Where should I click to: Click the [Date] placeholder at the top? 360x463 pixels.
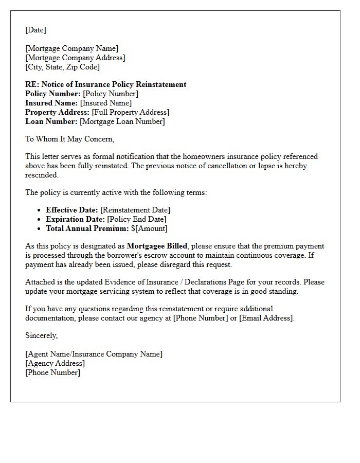(x=35, y=30)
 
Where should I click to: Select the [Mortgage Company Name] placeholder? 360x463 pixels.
(x=71, y=48)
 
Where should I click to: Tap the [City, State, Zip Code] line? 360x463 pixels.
(x=62, y=67)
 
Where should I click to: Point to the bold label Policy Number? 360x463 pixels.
(x=53, y=94)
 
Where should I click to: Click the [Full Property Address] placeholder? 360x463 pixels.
(x=130, y=112)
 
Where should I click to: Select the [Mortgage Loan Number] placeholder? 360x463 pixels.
(x=122, y=121)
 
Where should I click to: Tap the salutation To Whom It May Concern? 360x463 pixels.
(x=69, y=139)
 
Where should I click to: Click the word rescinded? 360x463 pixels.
(x=42, y=175)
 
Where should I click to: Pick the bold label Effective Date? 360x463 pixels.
(x=71, y=210)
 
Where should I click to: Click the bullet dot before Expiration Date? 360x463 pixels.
(x=39, y=220)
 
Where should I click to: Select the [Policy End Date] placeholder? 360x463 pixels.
(x=136, y=219)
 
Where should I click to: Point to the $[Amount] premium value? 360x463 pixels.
(x=149, y=228)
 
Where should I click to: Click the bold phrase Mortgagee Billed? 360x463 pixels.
(x=157, y=246)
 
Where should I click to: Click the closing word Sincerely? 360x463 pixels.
(x=41, y=335)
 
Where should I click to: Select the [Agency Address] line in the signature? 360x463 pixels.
(x=55, y=363)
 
